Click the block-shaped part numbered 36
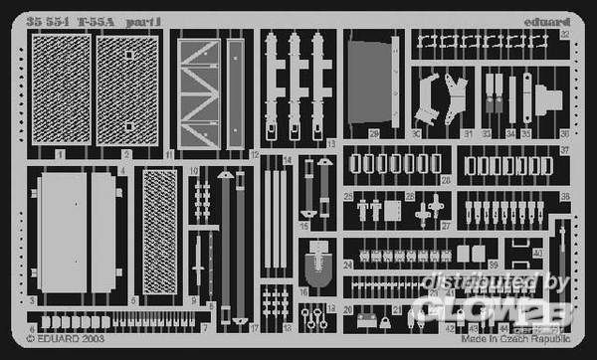pos(552,99)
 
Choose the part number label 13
pos(330,145)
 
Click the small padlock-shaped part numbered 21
pos(365,320)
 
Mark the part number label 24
pos(347,265)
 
